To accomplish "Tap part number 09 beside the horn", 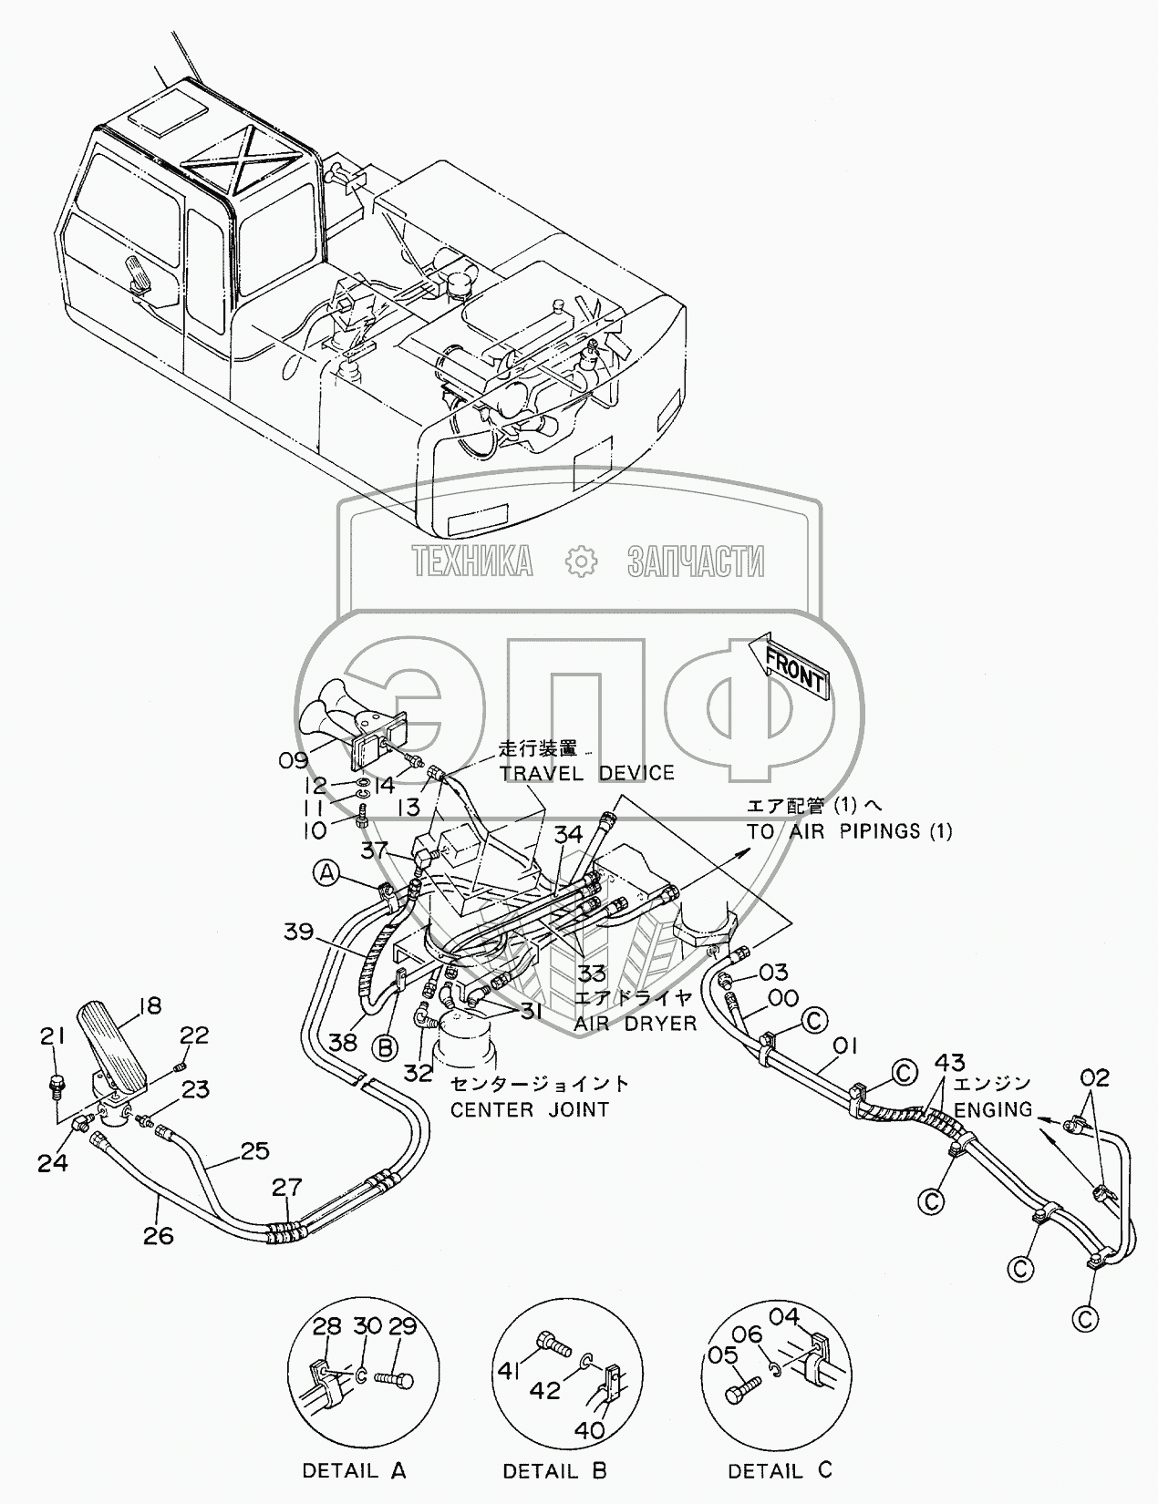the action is [294, 760].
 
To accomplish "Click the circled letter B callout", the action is [386, 1048].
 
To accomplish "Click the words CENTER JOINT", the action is [530, 1109].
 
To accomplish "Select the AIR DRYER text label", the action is [635, 1043].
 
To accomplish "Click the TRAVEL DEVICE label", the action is [587, 773].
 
